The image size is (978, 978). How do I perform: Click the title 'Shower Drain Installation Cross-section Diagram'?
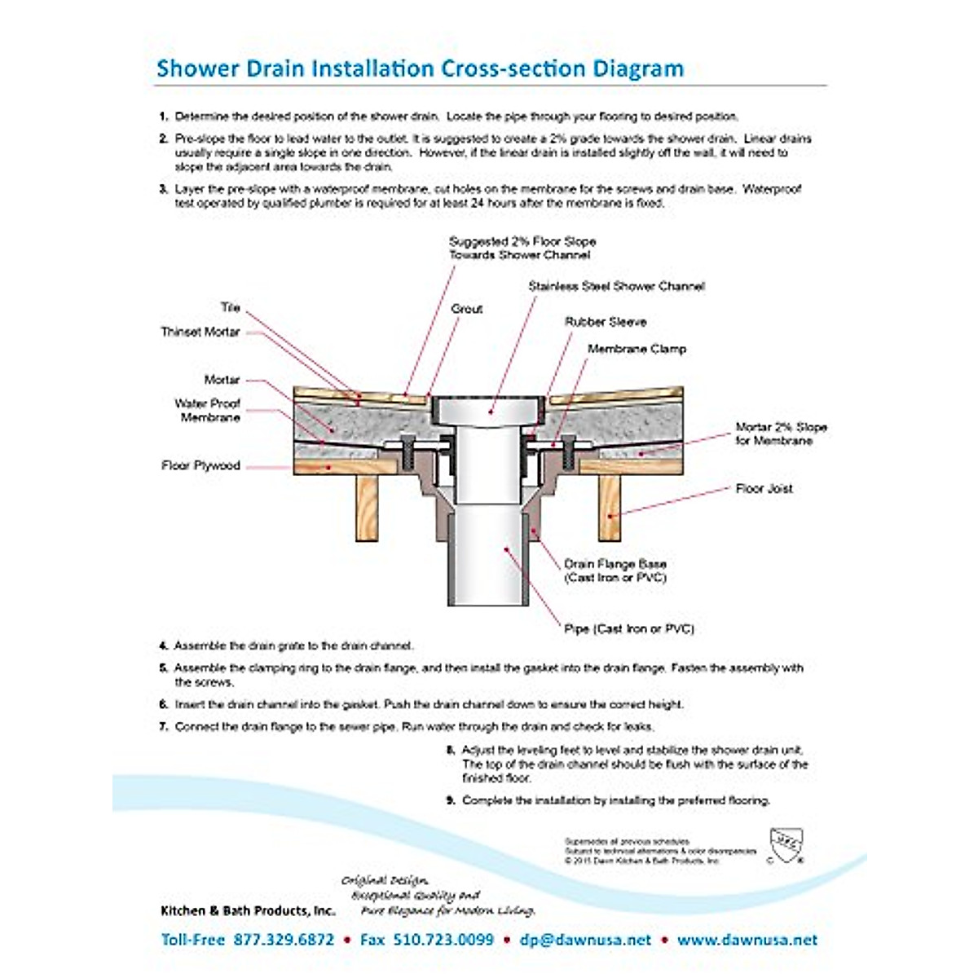pos(420,68)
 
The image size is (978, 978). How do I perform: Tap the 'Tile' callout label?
pos(231,307)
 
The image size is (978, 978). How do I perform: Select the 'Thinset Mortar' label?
pos(200,332)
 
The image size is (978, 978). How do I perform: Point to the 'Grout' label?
pos(467,309)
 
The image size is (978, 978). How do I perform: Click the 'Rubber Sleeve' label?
pos(606,322)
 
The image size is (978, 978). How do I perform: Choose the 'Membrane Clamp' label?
pos(637,349)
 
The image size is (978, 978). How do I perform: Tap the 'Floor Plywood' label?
pos(200,465)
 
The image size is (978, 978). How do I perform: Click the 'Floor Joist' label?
pos(764,488)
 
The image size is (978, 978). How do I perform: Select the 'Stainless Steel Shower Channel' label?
pos(616,286)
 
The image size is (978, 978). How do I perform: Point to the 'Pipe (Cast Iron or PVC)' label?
pos(629,628)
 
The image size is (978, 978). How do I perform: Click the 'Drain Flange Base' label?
pos(615,564)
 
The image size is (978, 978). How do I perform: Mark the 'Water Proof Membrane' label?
pos(208,410)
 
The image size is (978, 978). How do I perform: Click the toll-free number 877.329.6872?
pos(284,939)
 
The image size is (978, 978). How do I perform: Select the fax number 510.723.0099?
pos(443,939)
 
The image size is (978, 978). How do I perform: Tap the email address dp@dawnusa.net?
pos(585,939)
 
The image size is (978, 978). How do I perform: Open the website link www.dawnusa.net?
pos(747,939)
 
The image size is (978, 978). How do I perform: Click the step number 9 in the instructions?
pos(451,800)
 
